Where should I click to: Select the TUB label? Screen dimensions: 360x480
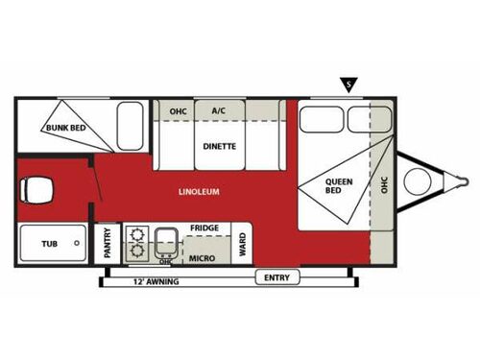49,244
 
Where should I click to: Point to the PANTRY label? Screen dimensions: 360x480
108,245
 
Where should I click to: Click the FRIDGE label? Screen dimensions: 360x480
204,228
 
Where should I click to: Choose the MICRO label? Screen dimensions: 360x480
201,257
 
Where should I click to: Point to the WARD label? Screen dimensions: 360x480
243,245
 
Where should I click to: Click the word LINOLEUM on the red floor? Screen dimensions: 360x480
199,191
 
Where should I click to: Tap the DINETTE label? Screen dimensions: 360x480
220,147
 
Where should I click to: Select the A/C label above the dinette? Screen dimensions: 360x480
218,111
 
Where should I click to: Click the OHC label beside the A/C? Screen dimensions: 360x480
177,111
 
